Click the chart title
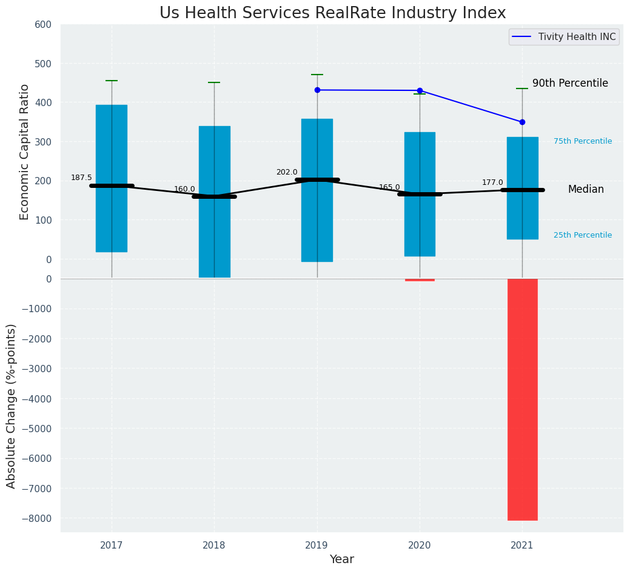pyautogui.click(x=332, y=13)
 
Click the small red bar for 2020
pyautogui.click(x=420, y=280)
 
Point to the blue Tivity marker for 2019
pyautogui.click(x=317, y=90)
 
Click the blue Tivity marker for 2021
pyautogui.click(x=522, y=122)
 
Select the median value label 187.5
pyautogui.click(x=81, y=178)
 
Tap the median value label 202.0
pyautogui.click(x=287, y=172)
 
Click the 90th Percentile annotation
pyautogui.click(x=570, y=84)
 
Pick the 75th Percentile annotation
pyautogui.click(x=582, y=141)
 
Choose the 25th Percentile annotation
pyautogui.click(x=582, y=235)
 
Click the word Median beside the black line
pyautogui.click(x=586, y=190)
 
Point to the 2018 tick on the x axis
pyautogui.click(x=214, y=546)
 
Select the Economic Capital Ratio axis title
pyautogui.click(x=25, y=152)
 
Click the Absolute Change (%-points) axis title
pyautogui.click(x=12, y=406)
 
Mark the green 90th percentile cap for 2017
pyautogui.click(x=112, y=81)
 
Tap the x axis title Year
pyautogui.click(x=341, y=559)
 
